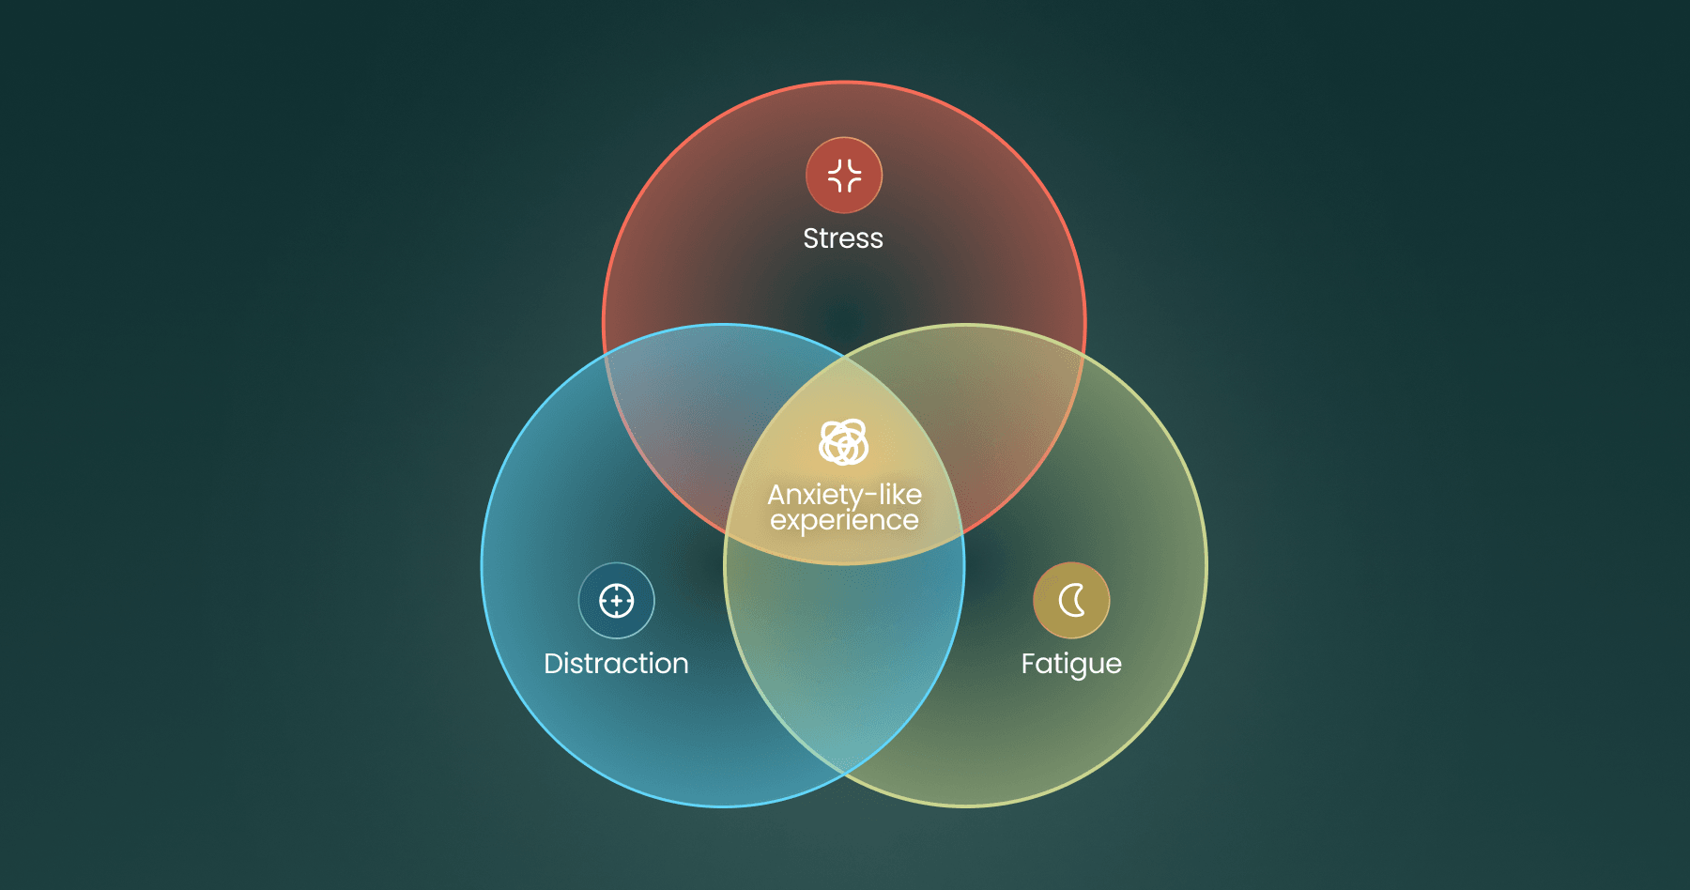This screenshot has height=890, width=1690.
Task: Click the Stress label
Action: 843,238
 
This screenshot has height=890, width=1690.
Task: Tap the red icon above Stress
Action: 844,176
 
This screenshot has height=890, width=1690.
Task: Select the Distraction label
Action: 616,664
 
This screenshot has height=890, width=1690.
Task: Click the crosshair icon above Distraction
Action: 616,601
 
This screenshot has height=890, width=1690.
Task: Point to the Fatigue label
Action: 1071,665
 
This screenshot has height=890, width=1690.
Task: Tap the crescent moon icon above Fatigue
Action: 1071,601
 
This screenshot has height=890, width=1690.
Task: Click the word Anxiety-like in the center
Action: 844,495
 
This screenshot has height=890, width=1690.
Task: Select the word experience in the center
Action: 844,521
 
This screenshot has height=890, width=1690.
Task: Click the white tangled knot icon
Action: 844,442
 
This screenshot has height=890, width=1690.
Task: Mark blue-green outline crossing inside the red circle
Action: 845,356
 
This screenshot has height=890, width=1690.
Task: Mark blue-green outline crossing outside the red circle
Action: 845,775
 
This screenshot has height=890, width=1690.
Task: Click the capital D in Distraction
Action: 554,664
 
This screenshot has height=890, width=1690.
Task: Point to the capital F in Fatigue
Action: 1028,664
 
